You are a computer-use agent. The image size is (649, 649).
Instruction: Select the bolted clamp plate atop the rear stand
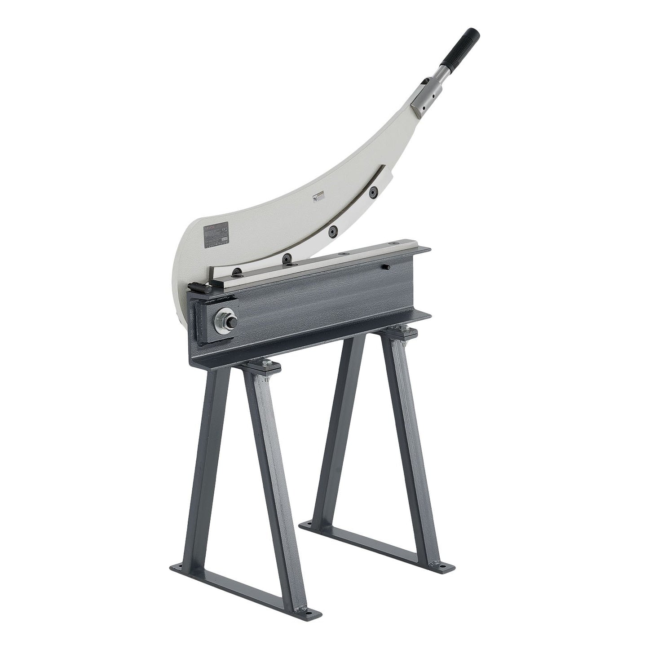403,334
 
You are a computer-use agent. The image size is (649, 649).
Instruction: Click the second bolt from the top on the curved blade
332,230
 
